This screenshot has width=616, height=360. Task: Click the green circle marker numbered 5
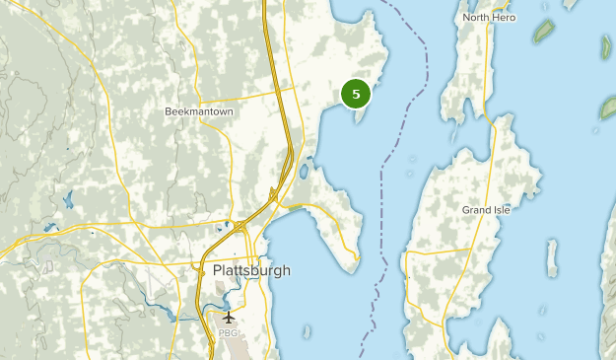tap(356, 93)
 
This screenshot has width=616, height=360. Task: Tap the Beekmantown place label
tap(199, 112)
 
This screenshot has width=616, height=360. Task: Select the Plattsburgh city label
tap(251, 270)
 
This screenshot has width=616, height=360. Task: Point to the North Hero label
tap(490, 18)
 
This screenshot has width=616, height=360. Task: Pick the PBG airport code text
tap(229, 333)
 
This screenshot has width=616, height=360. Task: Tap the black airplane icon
tap(229, 318)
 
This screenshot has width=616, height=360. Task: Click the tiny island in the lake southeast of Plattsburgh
tap(307, 330)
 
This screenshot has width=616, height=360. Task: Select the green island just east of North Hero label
tap(543, 31)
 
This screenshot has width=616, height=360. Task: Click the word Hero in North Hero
tap(504, 18)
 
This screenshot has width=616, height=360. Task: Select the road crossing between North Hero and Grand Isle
tap(487, 113)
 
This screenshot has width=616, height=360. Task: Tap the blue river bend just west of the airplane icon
tap(175, 316)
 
